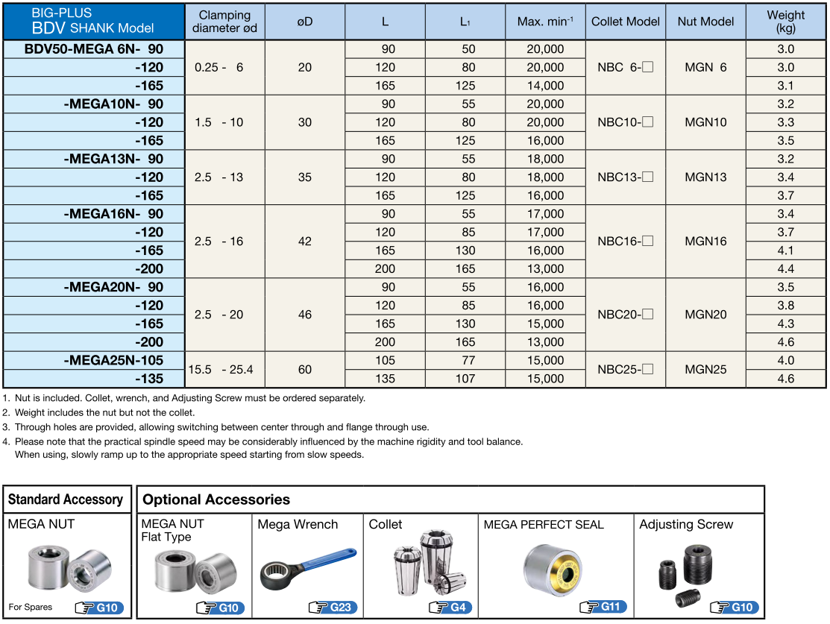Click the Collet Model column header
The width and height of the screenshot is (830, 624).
(x=626, y=22)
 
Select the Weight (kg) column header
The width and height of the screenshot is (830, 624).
(x=785, y=22)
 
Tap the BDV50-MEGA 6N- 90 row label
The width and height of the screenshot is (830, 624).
(x=94, y=49)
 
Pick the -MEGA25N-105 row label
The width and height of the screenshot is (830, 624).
(x=113, y=360)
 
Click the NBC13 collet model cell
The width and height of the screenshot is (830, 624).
(x=625, y=177)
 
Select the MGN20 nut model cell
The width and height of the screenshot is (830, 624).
(x=705, y=315)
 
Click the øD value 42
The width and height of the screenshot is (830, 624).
(x=304, y=242)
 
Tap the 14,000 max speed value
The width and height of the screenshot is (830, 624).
(x=545, y=86)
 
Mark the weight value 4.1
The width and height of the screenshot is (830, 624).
(x=785, y=250)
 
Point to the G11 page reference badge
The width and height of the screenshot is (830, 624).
(x=604, y=607)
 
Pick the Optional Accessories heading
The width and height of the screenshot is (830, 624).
(x=216, y=499)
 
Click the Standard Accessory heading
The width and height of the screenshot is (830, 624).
(x=66, y=499)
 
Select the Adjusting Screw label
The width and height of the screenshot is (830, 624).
(x=686, y=524)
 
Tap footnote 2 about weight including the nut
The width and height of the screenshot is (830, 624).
(x=104, y=412)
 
